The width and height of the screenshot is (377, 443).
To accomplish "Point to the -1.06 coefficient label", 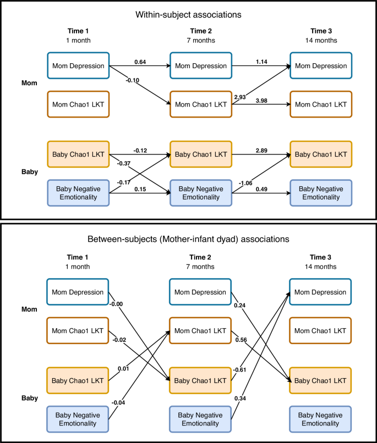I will (245, 183).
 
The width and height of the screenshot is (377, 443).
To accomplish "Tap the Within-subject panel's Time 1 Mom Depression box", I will (78, 66).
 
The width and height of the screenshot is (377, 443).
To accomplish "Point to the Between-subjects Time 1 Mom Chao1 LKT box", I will (78, 330).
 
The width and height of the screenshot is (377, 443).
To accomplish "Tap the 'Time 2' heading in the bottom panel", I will (201, 257).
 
